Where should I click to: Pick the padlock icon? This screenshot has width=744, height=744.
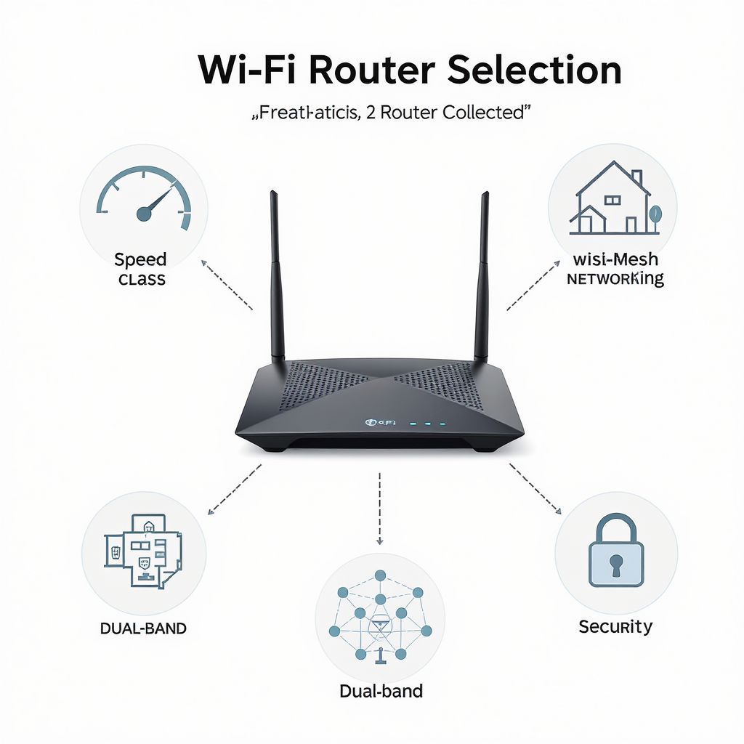point(616,551)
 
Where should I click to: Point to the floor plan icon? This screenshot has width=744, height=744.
point(142,550)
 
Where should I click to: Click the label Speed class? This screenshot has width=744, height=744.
point(141,269)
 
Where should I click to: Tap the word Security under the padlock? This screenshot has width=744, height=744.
point(615,626)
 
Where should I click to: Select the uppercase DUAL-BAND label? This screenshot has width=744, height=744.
point(143,628)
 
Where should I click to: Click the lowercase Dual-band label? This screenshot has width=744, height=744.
point(381,690)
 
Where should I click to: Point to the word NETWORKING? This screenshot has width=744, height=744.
point(615,278)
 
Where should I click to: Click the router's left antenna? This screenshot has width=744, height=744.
point(276,276)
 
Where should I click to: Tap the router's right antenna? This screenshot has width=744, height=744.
point(482,276)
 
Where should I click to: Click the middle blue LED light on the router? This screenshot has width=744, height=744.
point(426,422)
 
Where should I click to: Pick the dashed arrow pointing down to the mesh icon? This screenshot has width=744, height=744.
point(379,508)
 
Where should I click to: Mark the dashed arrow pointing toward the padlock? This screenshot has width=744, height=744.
point(535,488)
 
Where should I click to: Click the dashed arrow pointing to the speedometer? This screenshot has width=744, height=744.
point(227,286)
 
